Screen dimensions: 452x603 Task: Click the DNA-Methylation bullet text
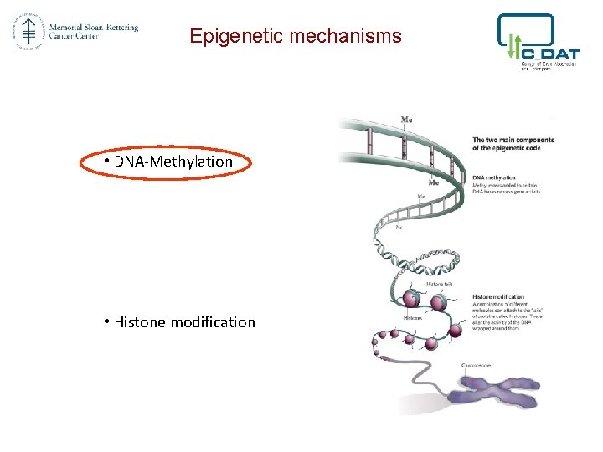click(x=173, y=162)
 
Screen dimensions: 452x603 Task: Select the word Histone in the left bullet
click(x=140, y=322)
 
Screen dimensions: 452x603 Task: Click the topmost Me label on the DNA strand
click(x=406, y=120)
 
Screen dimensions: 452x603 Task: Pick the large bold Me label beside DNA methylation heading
click(x=434, y=182)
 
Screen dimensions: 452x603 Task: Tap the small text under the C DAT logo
click(x=549, y=65)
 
